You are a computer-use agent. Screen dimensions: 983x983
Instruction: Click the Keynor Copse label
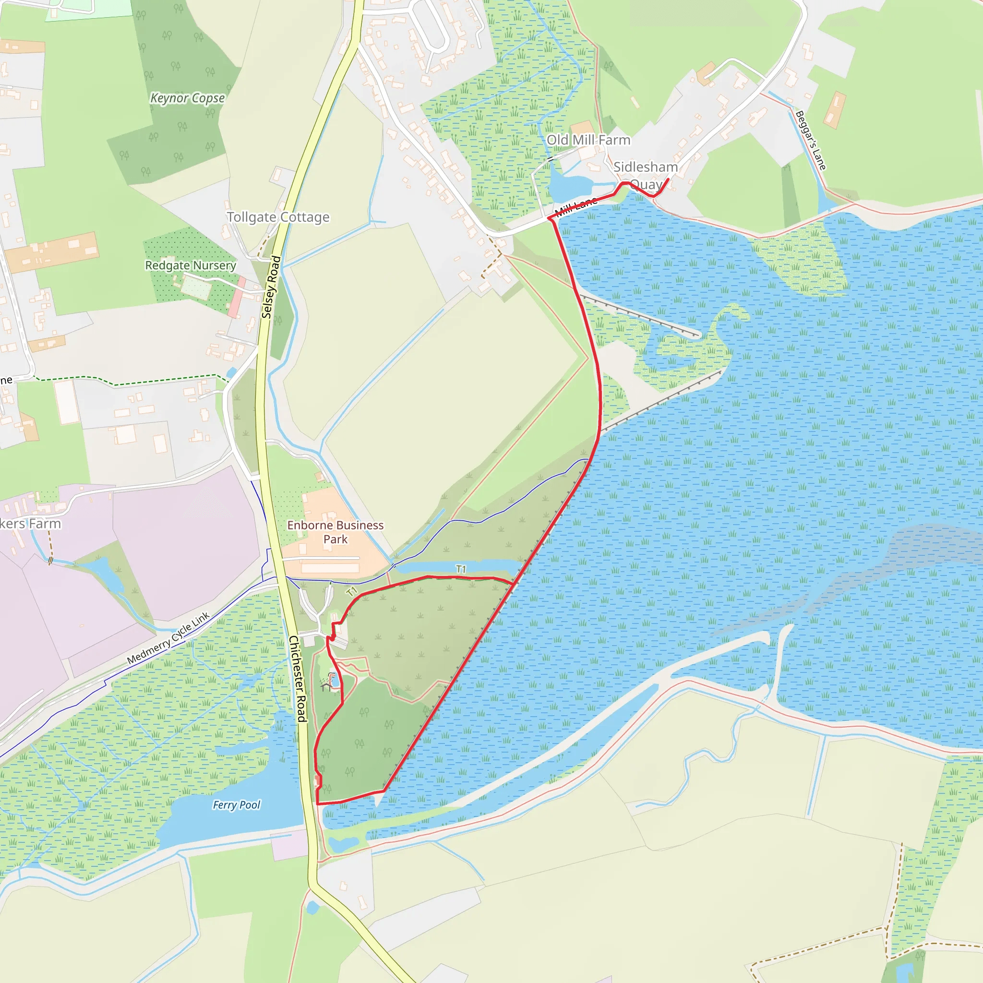tap(187, 98)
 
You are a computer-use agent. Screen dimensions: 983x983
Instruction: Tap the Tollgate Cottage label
tap(278, 217)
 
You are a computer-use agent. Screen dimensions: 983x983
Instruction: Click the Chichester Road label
tap(298, 679)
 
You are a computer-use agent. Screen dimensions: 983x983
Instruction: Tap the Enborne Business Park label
tap(336, 532)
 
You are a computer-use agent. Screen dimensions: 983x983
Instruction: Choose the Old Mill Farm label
tap(588, 140)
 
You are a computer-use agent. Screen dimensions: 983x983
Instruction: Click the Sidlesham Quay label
tap(645, 175)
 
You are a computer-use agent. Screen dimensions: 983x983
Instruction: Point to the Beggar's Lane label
tap(811, 140)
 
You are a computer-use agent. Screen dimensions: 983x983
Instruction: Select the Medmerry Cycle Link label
tap(168, 638)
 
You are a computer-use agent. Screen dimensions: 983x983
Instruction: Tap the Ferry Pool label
tap(236, 805)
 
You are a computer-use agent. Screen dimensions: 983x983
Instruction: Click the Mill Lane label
tap(575, 206)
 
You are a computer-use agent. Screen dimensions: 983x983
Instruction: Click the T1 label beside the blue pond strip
tap(461, 569)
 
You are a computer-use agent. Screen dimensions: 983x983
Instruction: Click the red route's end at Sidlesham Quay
tap(668, 179)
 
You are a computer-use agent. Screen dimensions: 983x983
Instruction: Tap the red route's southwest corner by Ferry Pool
tap(317, 804)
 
